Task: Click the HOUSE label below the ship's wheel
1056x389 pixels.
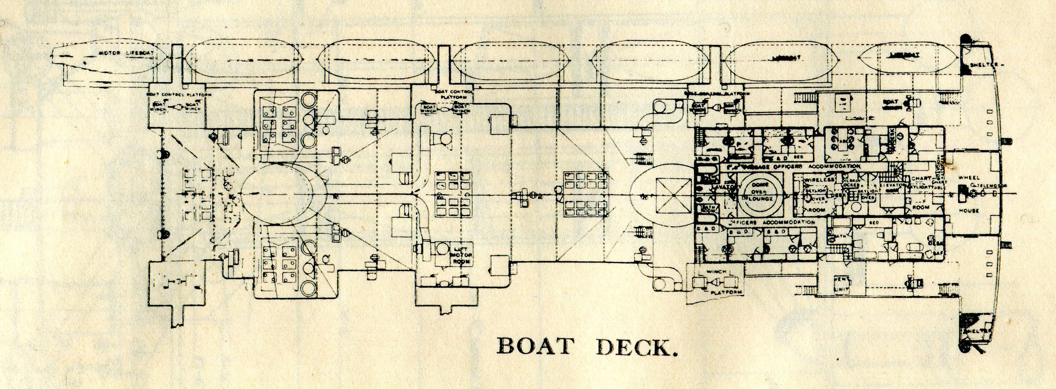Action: [x=969, y=211]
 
